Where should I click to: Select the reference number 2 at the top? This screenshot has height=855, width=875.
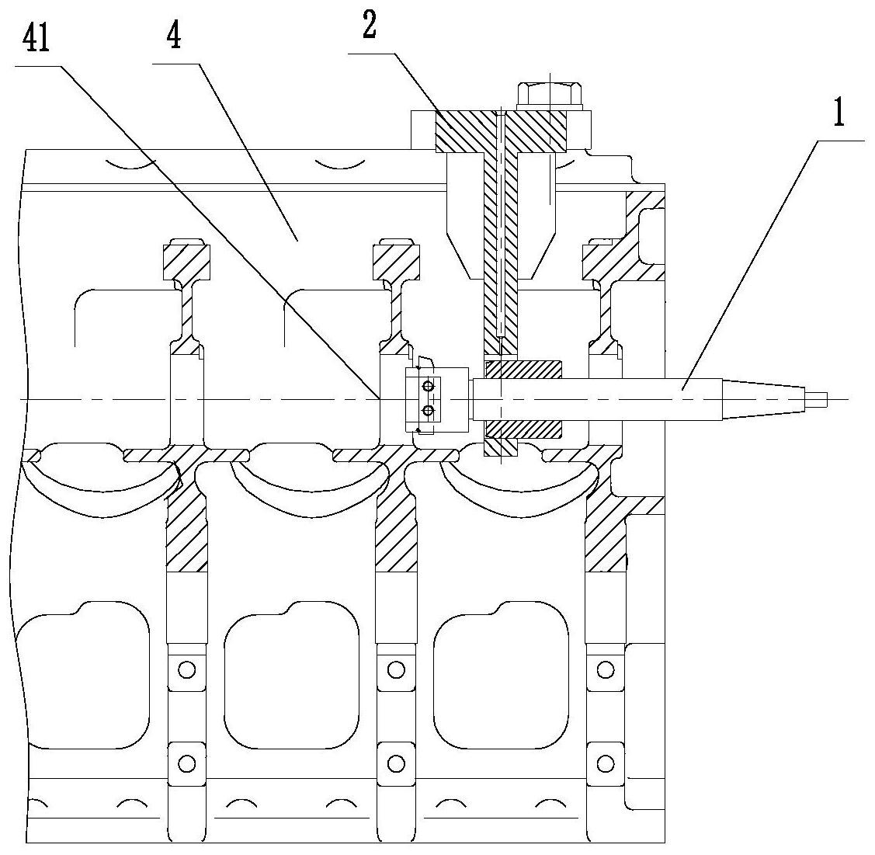[x=369, y=25]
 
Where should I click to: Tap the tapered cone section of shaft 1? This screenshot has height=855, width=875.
[x=764, y=400]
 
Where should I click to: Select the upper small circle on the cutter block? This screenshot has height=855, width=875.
[x=428, y=386]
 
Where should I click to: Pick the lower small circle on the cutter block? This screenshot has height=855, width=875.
[x=428, y=412]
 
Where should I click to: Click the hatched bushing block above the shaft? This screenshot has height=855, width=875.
[x=523, y=370]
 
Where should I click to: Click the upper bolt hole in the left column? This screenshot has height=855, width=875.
[x=187, y=669]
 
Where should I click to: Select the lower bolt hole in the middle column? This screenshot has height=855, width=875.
[x=396, y=763]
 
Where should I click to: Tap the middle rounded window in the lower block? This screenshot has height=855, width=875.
[x=290, y=675]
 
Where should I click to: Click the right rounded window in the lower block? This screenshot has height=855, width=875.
[x=501, y=675]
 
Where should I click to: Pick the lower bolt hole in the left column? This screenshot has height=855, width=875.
[x=187, y=763]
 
